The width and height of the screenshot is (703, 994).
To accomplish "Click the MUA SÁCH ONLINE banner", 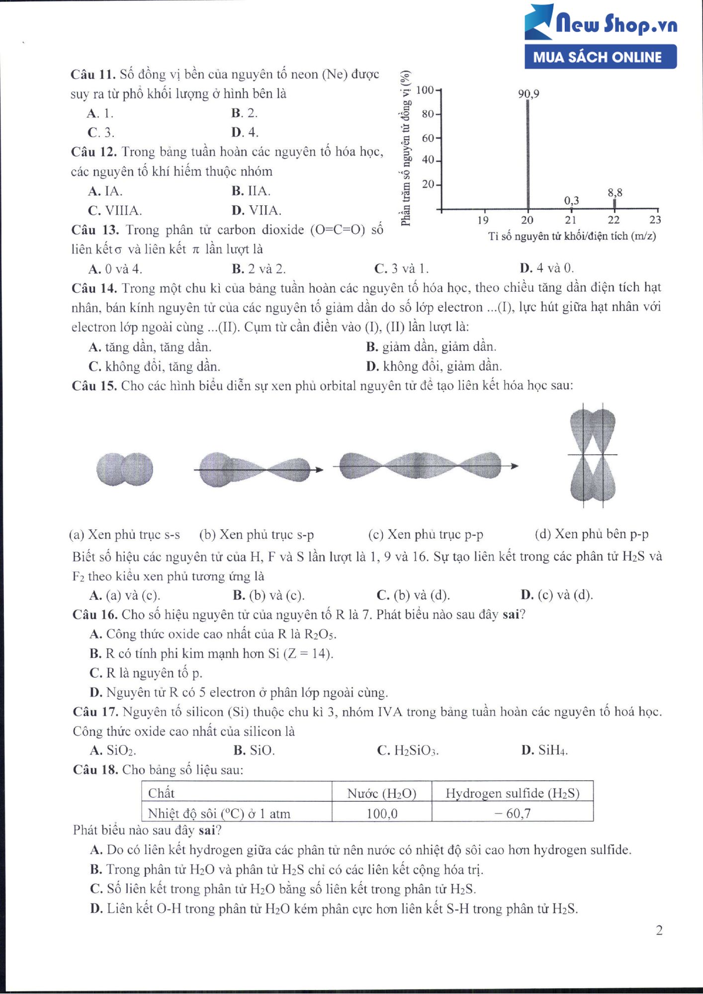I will (600, 57).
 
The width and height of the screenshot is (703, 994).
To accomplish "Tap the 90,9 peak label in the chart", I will (528, 94).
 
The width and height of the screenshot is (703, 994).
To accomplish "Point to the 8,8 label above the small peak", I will (615, 193).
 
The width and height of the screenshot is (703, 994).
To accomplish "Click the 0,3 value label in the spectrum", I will (571, 201).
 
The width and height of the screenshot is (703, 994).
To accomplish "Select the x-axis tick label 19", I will (483, 220).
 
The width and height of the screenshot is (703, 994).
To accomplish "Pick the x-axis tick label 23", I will (655, 220).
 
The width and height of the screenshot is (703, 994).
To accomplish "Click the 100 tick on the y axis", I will (425, 90).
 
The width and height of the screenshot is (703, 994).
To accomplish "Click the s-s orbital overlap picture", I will (124, 469).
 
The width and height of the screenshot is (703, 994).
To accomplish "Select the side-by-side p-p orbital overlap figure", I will (593, 455).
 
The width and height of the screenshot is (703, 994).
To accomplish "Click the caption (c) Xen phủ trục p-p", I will (425, 535).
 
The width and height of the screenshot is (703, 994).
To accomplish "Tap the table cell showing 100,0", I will (382, 814).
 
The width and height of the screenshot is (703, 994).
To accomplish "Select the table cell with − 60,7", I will (512, 814).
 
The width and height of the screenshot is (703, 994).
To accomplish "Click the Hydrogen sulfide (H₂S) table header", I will (512, 793).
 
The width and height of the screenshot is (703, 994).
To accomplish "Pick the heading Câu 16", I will (94, 615).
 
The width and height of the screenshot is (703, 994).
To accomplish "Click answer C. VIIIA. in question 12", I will (115, 211).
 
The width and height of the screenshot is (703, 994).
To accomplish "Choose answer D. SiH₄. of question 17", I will (544, 750).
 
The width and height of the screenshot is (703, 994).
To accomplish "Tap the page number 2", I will (659, 930).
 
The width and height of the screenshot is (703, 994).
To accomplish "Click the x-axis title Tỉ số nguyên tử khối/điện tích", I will (572, 237).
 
